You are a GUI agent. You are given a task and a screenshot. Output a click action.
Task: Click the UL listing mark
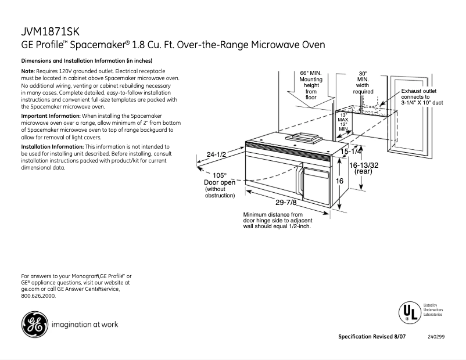click(408, 312)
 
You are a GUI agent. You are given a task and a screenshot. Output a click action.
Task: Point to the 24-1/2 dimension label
click(216, 154)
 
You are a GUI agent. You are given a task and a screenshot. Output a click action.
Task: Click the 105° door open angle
click(219, 175)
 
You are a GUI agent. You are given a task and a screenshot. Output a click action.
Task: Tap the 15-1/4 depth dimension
click(351, 151)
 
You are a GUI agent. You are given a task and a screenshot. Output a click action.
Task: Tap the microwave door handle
click(300, 179)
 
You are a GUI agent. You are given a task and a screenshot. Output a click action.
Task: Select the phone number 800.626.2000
click(38, 296)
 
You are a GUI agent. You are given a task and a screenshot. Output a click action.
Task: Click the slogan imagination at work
click(85, 325)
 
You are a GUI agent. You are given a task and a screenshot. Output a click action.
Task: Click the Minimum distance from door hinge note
click(278, 220)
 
